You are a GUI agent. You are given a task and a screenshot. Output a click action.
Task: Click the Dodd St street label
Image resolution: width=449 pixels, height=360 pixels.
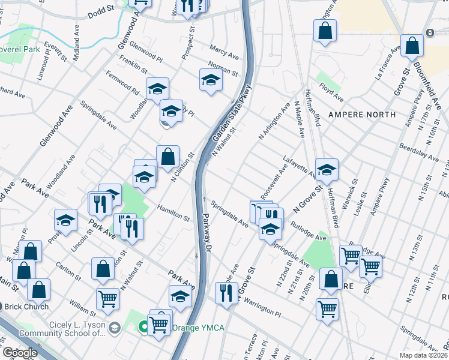click(100, 10)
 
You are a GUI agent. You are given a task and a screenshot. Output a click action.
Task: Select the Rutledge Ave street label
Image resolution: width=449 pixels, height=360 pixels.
click(309, 230)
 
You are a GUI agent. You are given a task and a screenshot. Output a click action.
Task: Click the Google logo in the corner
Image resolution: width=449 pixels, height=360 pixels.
click(19, 353)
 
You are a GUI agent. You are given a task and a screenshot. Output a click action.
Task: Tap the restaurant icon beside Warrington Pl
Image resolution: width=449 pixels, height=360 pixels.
click(226, 293)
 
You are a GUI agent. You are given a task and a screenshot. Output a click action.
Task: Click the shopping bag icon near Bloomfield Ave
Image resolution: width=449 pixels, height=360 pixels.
click(412, 45)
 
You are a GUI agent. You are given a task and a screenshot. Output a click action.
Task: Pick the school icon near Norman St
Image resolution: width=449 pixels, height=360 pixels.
click(211, 79)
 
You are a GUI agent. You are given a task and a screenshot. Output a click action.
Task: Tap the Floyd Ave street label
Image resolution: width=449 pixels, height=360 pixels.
click(332, 96)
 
